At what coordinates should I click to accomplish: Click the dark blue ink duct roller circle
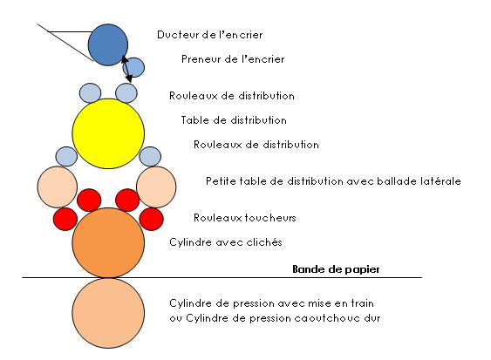(108, 44)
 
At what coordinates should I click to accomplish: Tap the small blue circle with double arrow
(134, 67)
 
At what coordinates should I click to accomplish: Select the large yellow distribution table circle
(108, 133)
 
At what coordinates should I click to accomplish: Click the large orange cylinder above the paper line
(108, 242)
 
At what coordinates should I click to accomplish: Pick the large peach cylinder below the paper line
(108, 313)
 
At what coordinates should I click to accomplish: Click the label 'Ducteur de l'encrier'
(209, 35)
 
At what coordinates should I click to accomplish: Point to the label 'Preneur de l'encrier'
(233, 59)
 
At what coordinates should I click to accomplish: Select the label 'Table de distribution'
(234, 120)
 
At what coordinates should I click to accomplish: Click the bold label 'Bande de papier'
(336, 269)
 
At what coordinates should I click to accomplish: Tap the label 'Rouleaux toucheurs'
(244, 218)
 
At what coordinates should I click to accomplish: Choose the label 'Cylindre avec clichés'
(226, 242)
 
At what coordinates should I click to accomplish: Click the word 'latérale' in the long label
(441, 181)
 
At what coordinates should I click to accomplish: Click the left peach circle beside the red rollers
(58, 187)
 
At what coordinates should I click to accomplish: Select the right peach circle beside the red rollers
(156, 187)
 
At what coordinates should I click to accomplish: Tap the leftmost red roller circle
(65, 219)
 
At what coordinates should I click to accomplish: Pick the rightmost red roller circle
(151, 219)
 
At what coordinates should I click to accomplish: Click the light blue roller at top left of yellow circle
(90, 93)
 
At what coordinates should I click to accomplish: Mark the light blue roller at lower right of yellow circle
(150, 156)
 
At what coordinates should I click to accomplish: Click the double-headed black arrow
(126, 69)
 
